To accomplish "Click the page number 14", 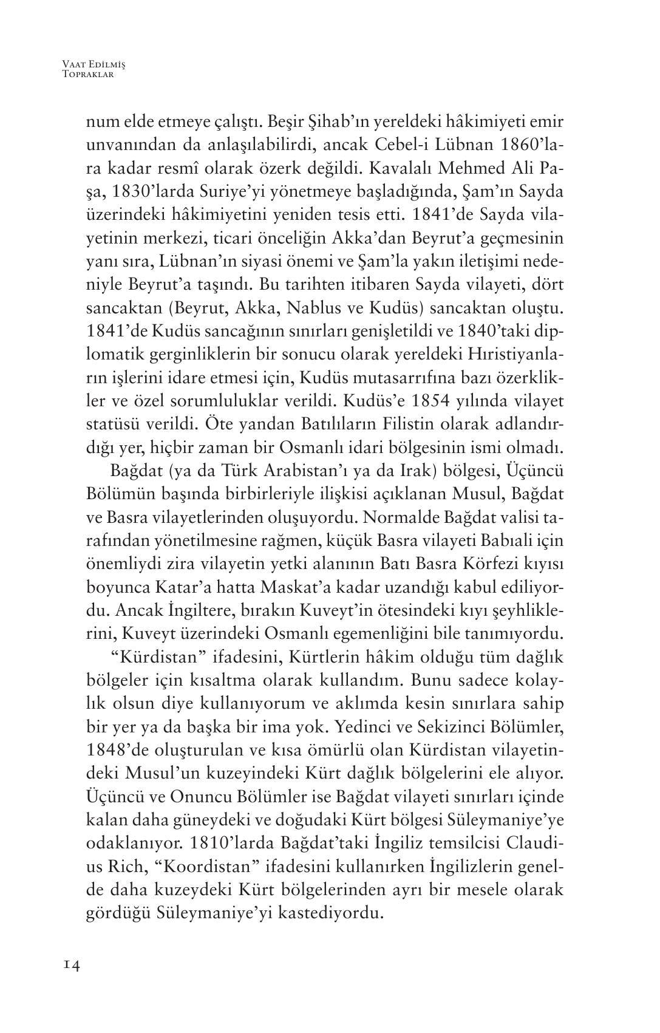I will [70, 965].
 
